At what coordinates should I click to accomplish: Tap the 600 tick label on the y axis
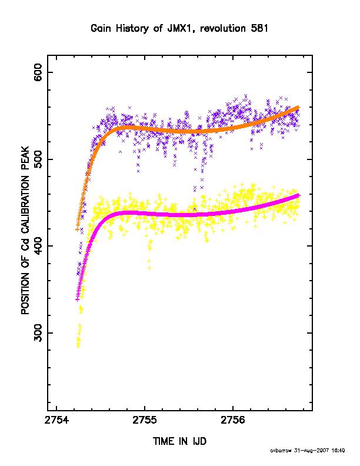click(x=38, y=72)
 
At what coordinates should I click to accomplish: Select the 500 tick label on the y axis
click(x=38, y=159)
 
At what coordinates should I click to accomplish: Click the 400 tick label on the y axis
click(x=38, y=246)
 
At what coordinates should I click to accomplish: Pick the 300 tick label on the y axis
click(x=38, y=333)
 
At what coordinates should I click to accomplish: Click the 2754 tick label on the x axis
click(x=56, y=421)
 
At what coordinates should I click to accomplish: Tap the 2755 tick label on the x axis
click(x=145, y=421)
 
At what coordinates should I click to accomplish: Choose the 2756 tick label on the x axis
click(x=233, y=421)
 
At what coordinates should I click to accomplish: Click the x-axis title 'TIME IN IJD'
click(x=179, y=441)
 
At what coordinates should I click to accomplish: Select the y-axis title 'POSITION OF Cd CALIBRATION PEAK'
click(x=25, y=230)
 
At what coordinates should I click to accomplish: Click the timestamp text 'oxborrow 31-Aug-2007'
click(x=299, y=451)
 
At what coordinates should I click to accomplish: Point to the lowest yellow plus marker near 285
click(x=78, y=345)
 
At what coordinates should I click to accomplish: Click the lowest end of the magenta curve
click(x=77, y=299)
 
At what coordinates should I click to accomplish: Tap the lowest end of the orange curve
click(x=77, y=229)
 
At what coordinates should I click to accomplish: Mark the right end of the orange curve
click(x=298, y=107)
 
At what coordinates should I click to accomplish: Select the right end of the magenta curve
click(x=298, y=195)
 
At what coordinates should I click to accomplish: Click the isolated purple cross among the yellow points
click(x=195, y=209)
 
